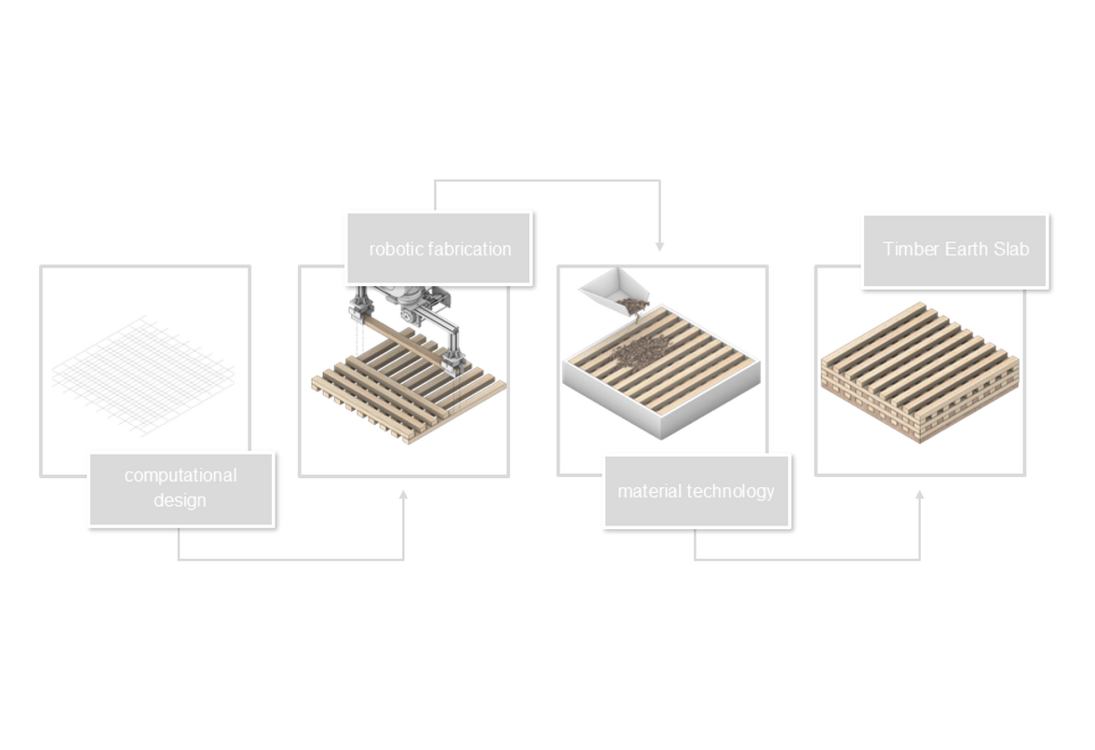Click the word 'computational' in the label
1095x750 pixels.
point(181,476)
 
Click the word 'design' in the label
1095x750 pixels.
point(181,500)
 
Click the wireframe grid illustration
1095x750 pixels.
point(143,376)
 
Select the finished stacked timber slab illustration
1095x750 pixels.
point(920,373)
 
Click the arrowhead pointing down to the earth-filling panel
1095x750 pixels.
point(659,247)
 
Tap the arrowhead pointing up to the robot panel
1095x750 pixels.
point(403,495)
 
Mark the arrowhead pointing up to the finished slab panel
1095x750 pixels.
point(920,495)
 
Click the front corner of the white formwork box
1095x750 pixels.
point(661,439)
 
